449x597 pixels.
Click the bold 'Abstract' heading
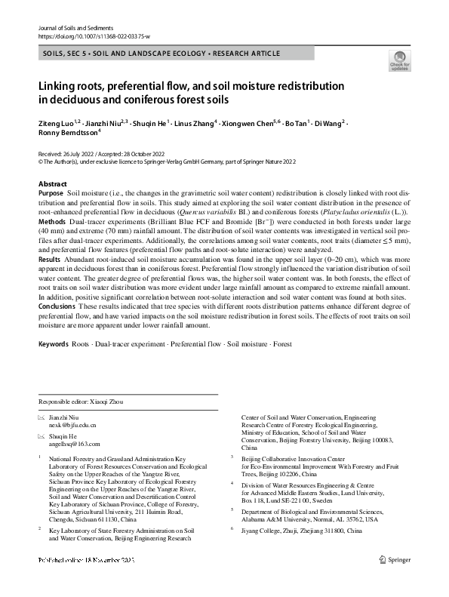[x=53, y=184]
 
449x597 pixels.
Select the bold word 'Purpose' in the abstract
[x=51, y=194]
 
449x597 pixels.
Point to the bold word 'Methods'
[x=51, y=222]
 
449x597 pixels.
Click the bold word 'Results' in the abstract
[x=50, y=259]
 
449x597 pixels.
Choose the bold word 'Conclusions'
[x=56, y=306]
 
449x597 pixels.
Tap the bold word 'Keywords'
[x=53, y=344]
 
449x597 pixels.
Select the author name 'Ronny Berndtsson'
[x=66, y=131]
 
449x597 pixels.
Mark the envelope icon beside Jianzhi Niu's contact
[x=42, y=417]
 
